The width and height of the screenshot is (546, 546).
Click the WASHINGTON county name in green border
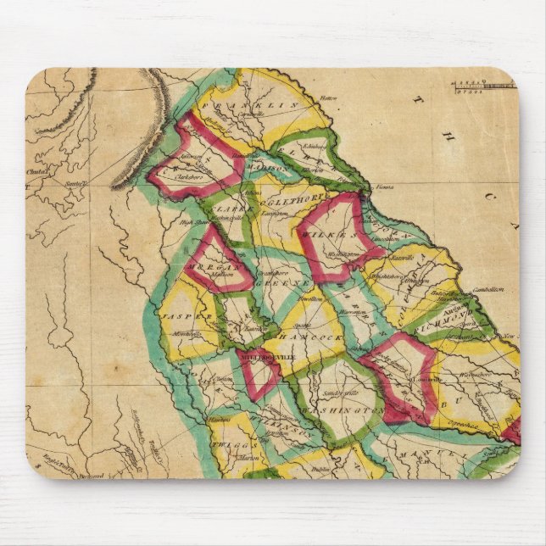coord(343,409)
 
